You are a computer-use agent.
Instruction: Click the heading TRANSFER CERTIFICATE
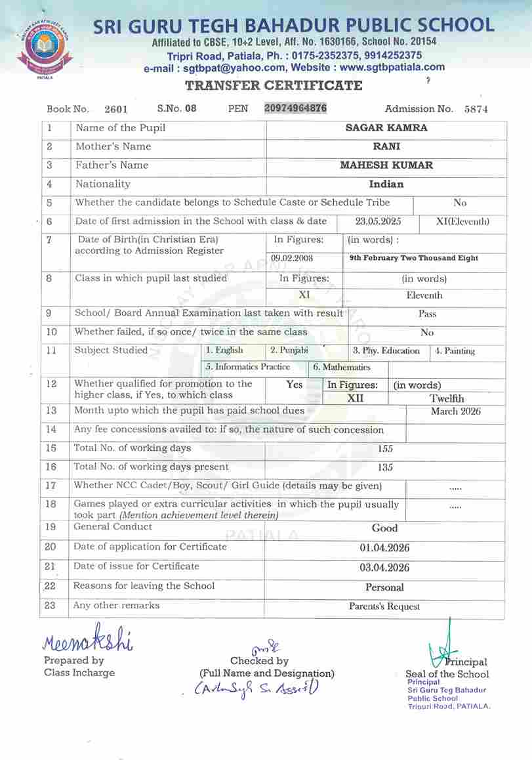pyautogui.click(x=274, y=85)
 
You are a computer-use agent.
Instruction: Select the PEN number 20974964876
pyautogui.click(x=295, y=108)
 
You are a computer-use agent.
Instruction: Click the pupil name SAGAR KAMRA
pyautogui.click(x=386, y=128)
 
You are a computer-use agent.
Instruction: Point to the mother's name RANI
pyautogui.click(x=386, y=146)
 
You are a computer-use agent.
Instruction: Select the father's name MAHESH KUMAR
pyautogui.click(x=386, y=165)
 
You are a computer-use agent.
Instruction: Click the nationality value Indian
pyautogui.click(x=386, y=184)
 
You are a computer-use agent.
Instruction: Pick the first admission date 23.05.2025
pyautogui.click(x=379, y=222)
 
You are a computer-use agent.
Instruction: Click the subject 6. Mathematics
pyautogui.click(x=342, y=368)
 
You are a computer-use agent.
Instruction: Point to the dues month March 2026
pyautogui.click(x=455, y=412)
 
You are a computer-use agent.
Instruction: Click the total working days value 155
pyautogui.click(x=386, y=449)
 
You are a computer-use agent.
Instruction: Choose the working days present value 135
pyautogui.click(x=386, y=467)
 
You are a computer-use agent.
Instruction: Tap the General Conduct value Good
pyautogui.click(x=384, y=528)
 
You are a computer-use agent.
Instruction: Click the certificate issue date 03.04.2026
pyautogui.click(x=384, y=568)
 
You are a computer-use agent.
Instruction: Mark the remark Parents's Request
pyautogui.click(x=384, y=607)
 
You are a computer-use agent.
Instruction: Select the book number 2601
pyautogui.click(x=116, y=110)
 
